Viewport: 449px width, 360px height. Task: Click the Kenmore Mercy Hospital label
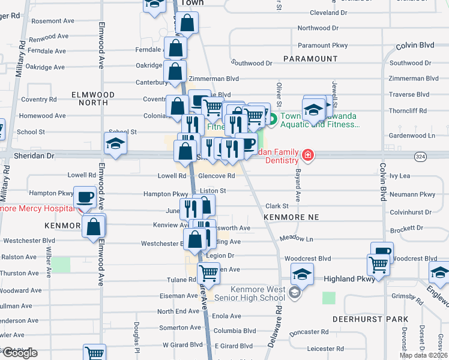click(36, 209)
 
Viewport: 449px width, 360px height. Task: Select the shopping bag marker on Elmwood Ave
click(94, 227)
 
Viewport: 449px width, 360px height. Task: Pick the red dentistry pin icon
click(307, 155)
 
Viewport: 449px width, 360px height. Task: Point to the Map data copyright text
click(423, 355)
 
